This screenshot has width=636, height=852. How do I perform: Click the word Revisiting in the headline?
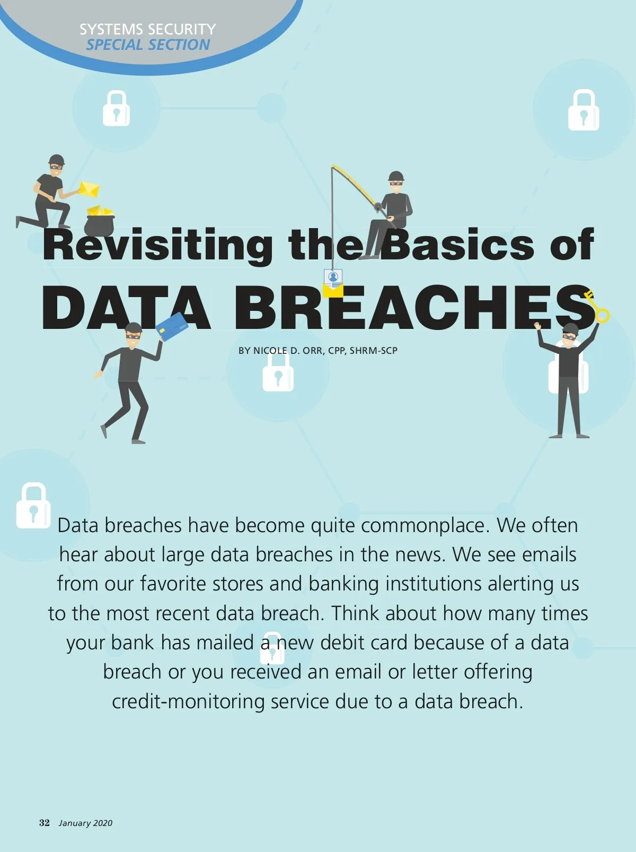tap(157, 246)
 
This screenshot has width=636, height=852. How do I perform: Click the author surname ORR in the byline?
tap(312, 351)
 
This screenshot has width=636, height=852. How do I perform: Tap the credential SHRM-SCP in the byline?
tap(374, 351)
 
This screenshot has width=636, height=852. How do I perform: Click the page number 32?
tap(44, 822)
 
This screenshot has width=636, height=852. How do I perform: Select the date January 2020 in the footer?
tap(85, 823)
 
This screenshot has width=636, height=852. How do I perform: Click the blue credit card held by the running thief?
tap(172, 326)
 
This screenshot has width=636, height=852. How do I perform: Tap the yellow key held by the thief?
tap(596, 307)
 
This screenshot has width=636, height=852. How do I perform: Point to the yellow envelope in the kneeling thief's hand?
tap(89, 189)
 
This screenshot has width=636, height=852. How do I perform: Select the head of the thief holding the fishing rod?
tap(396, 181)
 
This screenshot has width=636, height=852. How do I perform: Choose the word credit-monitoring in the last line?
tap(188, 702)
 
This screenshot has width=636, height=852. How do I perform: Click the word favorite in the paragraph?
tap(173, 584)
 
